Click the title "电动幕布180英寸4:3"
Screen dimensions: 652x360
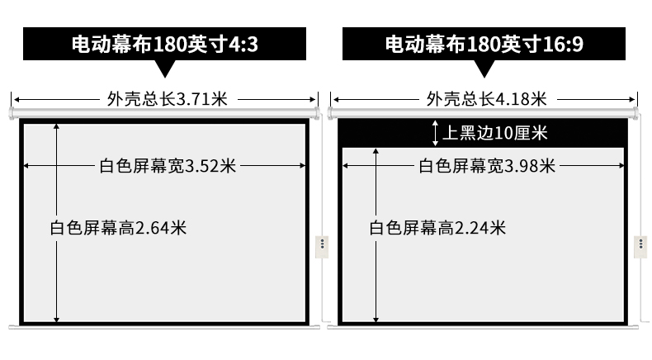165,44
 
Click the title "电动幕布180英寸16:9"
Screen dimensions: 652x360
484,44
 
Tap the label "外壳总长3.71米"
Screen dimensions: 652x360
168,99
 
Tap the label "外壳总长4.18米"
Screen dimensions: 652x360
486,99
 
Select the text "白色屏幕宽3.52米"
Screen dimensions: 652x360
168,166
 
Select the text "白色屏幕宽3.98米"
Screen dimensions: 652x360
487,166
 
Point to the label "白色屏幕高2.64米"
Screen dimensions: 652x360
118,228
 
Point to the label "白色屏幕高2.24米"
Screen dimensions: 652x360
437,228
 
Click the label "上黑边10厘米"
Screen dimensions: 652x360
495,133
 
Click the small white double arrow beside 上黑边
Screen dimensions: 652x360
435,133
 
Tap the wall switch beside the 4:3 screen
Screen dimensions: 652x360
322,247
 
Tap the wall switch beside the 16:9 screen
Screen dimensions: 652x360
640,247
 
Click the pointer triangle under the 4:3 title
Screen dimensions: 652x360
165,69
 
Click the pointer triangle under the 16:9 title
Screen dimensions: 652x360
484,69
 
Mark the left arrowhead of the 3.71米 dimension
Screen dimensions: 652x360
17,99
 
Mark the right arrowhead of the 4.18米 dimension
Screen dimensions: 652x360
631,99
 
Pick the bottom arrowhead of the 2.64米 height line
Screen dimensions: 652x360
57,320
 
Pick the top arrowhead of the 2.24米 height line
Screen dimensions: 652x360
376,152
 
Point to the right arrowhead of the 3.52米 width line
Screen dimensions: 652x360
302,166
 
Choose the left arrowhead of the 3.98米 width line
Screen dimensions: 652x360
346,166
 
